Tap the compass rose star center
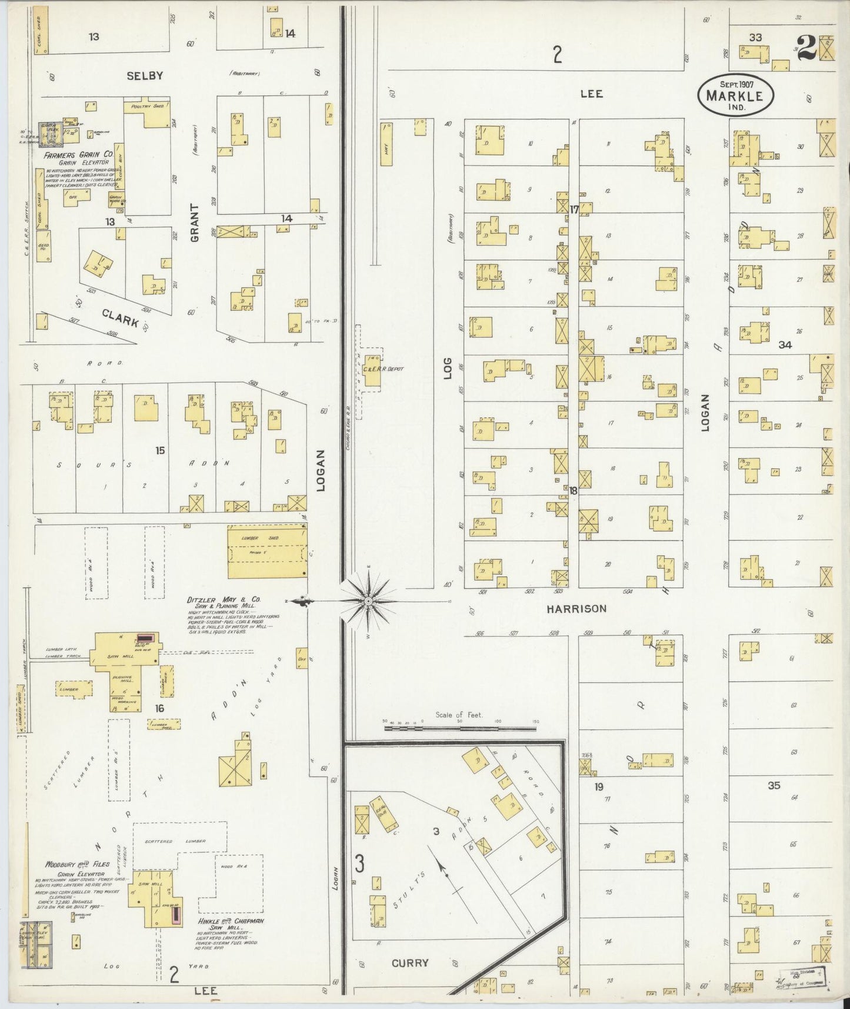coord(368,600)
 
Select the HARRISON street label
coord(576,609)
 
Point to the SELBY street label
coord(144,76)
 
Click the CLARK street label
coord(120,318)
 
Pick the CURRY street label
coord(410,963)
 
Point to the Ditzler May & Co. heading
coord(224,600)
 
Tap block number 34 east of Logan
coord(785,346)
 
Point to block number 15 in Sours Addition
coord(160,450)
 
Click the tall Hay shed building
coord(386,143)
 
